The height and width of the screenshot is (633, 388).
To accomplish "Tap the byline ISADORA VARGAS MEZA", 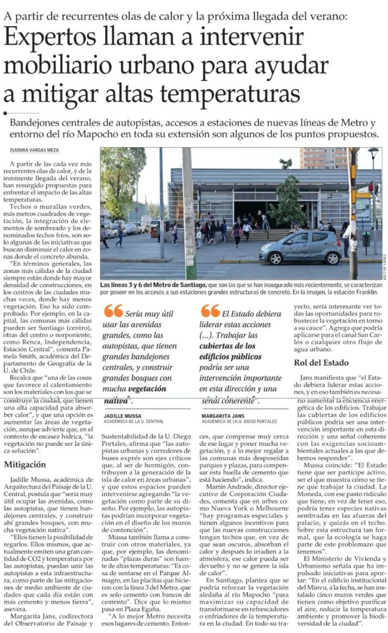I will tap(34, 150).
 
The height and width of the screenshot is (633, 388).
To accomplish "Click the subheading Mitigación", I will tap(25, 464).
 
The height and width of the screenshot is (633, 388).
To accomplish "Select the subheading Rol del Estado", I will tap(321, 362).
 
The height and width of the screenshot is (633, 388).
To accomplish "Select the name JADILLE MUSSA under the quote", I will tap(122, 416).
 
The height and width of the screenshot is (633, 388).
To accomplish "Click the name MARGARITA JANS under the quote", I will tap(223, 416).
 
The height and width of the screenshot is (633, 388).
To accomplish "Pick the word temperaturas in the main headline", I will tap(230, 93).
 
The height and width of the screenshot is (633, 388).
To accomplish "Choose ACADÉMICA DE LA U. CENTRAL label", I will tap(133, 421).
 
